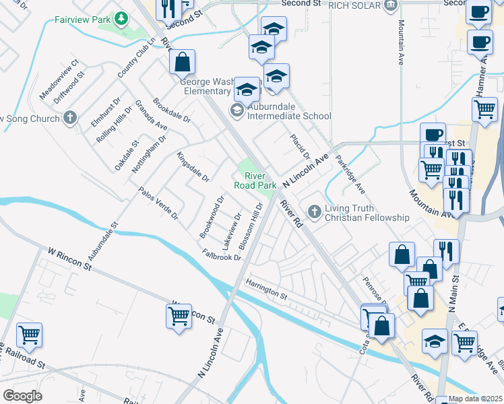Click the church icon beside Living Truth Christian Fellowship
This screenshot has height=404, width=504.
point(314,212)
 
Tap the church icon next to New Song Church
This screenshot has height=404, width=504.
point(69,119)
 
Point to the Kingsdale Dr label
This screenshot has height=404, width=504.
point(193,167)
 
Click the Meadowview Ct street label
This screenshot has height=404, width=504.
point(60,79)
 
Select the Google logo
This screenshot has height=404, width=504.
point(22,395)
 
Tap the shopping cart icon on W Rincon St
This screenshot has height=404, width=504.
point(179,315)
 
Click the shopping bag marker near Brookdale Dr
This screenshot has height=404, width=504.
point(183,62)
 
